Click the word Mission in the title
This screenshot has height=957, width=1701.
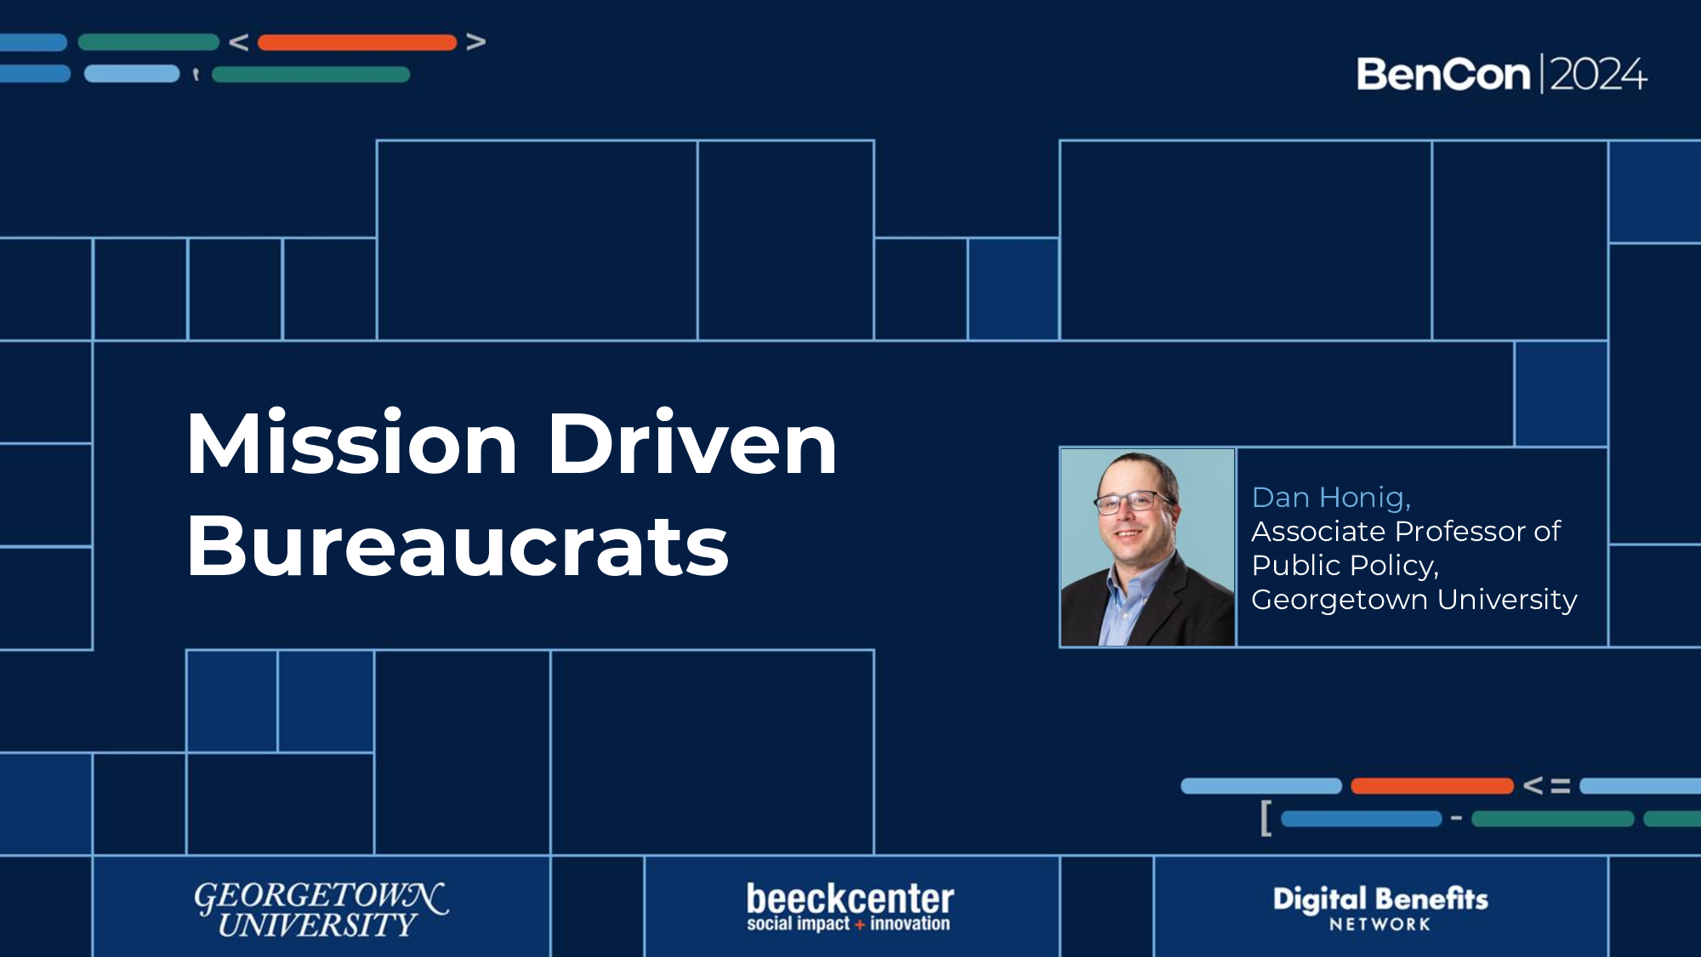coord(351,444)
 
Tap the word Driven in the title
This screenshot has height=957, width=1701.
coord(692,444)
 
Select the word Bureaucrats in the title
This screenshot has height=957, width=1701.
coord(458,547)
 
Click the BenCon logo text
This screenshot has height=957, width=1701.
coord(1443,75)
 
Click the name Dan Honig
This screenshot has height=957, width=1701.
coord(1331,498)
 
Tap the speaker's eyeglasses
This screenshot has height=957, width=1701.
coord(1133,502)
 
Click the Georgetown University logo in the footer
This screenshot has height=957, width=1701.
coord(321,909)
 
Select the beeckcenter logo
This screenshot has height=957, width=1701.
coord(850,907)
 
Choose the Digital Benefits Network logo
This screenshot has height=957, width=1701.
coord(1380,907)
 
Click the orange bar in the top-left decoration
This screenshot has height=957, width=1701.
coord(357,43)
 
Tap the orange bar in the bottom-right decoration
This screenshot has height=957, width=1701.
coord(1432,786)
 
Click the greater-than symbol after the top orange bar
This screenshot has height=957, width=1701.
coord(476,42)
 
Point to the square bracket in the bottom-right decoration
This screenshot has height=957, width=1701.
coord(1266,818)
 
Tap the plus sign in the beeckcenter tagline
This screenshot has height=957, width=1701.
coord(860,925)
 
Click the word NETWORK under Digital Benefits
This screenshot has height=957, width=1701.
coord(1380,925)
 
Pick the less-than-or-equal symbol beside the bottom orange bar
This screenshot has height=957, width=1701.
coord(1546,785)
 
